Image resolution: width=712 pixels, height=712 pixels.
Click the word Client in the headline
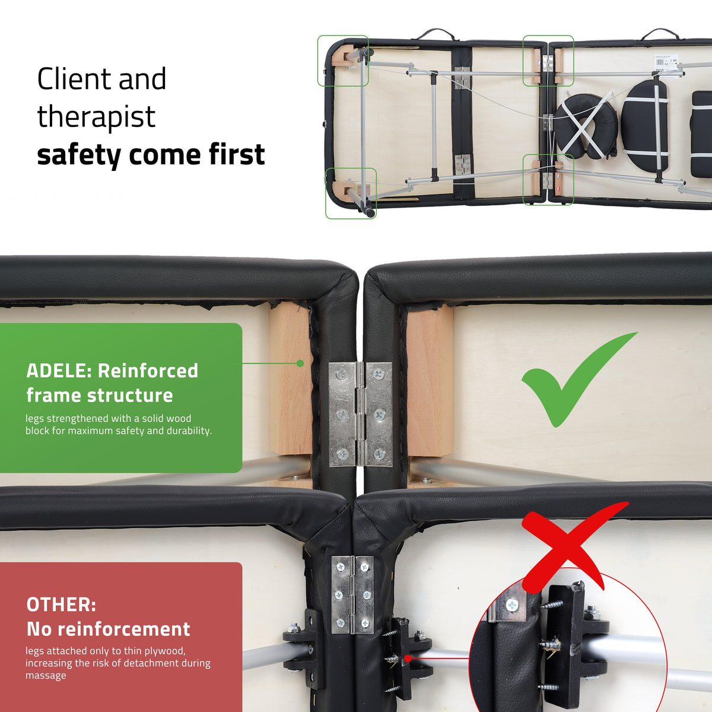pos(74,79)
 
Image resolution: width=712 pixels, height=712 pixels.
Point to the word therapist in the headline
pos(96,116)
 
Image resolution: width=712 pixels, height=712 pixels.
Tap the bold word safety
pos(79,154)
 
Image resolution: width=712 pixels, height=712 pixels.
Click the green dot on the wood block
pos(300,364)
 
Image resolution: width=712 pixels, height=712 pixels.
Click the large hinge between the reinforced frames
pos(360,414)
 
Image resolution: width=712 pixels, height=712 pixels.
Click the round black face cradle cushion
pos(586,126)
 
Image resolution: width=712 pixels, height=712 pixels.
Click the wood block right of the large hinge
pos(430,380)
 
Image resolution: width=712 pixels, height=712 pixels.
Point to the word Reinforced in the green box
pos(148,371)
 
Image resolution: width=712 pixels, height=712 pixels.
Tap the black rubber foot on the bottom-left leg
pos(370,211)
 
